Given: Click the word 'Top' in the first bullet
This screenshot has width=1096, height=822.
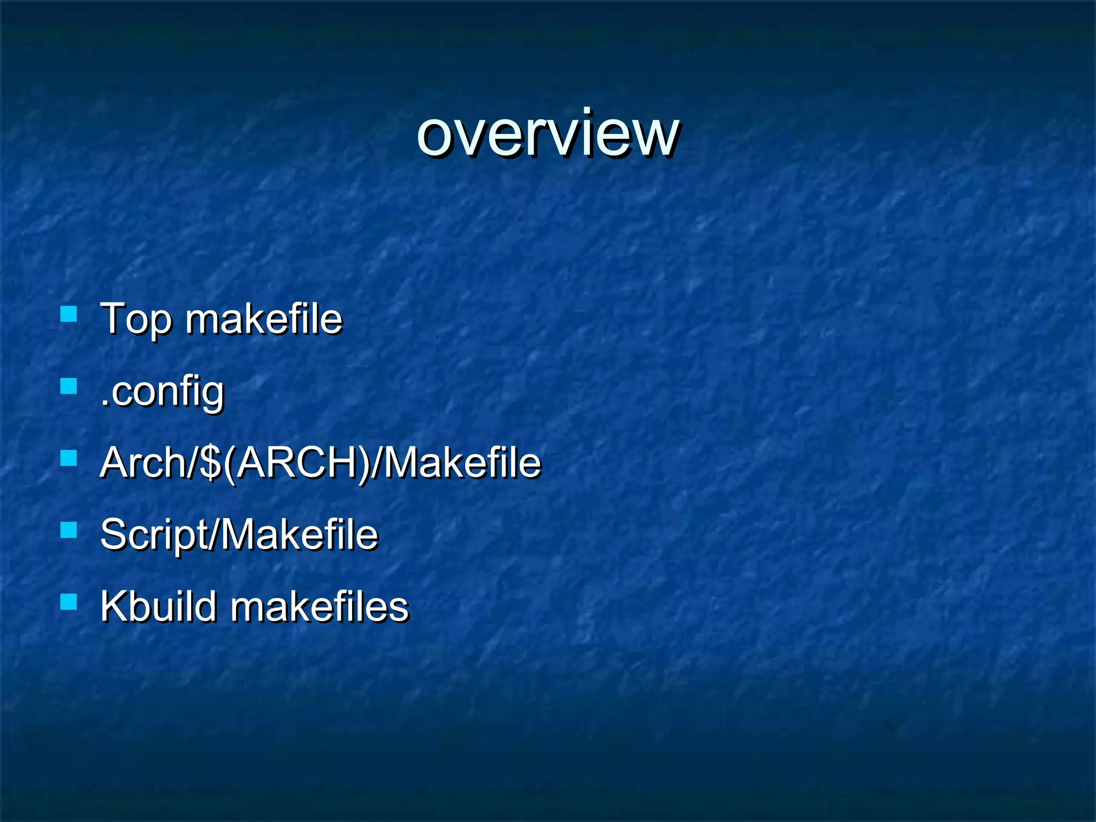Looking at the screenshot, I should (x=136, y=319).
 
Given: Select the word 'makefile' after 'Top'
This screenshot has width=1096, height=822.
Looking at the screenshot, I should (x=263, y=319).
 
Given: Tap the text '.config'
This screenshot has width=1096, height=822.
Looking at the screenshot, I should (x=162, y=392).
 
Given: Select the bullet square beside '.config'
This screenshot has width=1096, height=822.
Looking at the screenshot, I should (x=68, y=386).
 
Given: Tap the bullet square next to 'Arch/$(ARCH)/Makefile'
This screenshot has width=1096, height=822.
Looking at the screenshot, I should (x=68, y=458).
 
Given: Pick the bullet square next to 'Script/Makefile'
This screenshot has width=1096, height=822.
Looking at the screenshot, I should (x=68, y=530).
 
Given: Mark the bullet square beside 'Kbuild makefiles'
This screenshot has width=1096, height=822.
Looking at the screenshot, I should (x=68, y=602).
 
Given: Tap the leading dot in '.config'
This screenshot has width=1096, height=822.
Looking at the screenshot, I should (x=104, y=405).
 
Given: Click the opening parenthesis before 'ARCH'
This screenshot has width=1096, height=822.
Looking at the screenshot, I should (x=229, y=463).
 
